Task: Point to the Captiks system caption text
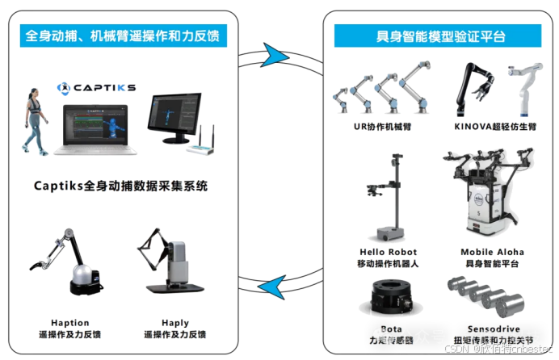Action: (120, 186)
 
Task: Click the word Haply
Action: (174, 322)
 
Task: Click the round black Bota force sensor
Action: (391, 298)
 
